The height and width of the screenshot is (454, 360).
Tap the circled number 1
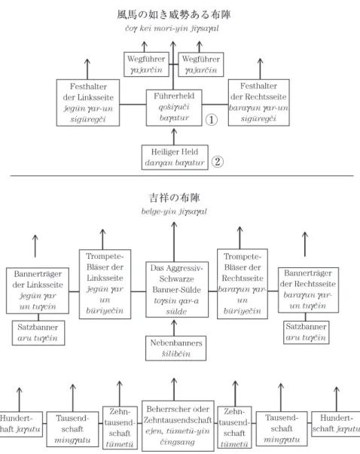212,120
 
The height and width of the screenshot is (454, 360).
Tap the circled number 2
218,162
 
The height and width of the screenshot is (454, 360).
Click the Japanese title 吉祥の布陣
175,198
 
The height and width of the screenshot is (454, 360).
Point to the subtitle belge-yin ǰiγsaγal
174,212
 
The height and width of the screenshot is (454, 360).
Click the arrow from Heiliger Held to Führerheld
174,137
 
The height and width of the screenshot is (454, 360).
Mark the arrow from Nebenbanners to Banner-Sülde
174,328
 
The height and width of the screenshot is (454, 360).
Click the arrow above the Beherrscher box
174,389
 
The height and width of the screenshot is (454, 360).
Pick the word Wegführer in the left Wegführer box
146,59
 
